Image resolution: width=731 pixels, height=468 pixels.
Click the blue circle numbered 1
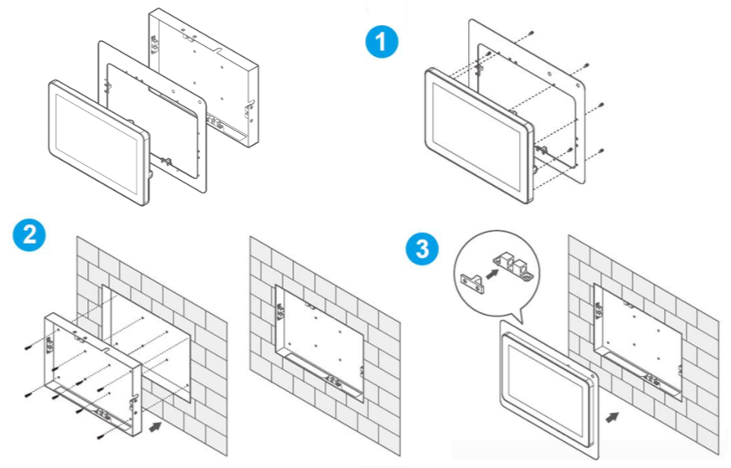[382, 42]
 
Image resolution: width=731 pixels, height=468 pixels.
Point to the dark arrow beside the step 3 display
[614, 414]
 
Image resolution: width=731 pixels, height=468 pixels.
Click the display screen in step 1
[476, 132]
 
